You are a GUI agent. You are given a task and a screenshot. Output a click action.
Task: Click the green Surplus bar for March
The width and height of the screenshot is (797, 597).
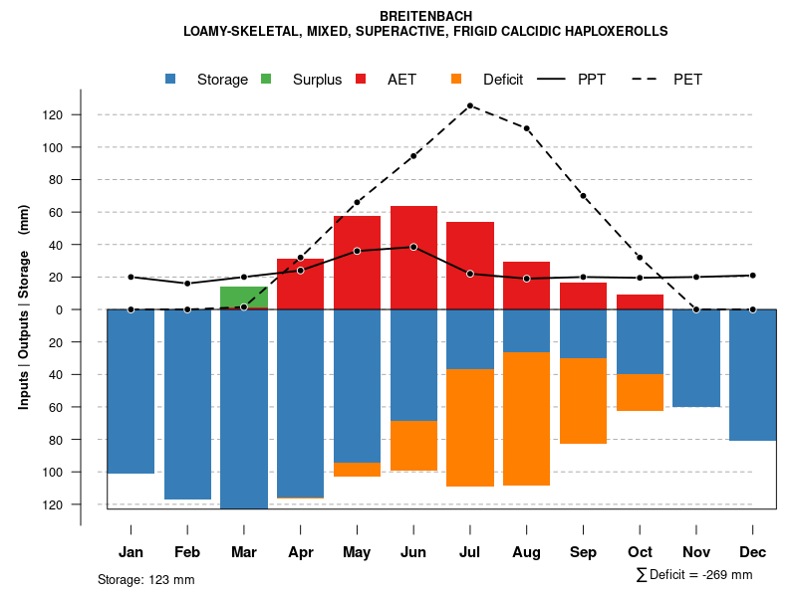tap(244, 297)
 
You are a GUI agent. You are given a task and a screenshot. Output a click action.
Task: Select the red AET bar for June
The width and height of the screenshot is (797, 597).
tap(414, 258)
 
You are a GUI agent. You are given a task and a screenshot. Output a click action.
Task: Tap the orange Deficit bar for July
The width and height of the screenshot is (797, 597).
tap(470, 428)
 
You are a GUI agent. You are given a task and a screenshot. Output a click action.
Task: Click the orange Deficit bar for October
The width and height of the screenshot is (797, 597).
tap(641, 392)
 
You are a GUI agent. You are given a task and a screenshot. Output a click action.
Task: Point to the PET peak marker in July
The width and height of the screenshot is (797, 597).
tap(470, 105)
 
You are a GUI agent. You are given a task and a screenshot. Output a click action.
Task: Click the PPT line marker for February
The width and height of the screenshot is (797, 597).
tap(187, 284)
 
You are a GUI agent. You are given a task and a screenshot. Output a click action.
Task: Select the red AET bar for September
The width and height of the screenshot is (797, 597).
tap(584, 296)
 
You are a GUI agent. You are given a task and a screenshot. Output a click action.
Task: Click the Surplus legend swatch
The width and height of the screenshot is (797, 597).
tap(266, 79)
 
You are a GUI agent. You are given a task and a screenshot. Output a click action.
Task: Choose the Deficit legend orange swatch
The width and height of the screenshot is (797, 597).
tap(456, 79)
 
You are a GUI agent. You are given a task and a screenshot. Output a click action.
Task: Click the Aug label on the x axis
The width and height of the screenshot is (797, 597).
tap(527, 552)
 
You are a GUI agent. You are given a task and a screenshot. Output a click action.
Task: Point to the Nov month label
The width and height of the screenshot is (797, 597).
tap(696, 552)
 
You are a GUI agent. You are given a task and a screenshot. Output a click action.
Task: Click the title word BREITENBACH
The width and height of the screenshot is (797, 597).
tap(426, 17)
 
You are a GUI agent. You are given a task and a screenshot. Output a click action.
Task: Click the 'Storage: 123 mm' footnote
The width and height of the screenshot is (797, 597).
tap(146, 579)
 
